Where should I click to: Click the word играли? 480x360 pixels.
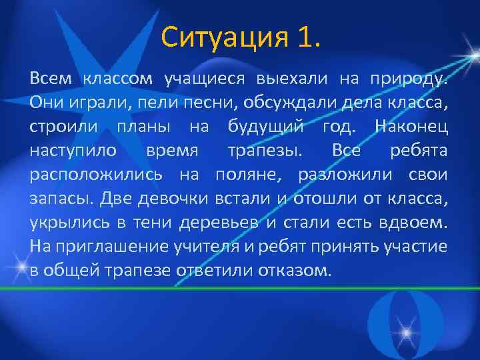click(88, 103)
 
